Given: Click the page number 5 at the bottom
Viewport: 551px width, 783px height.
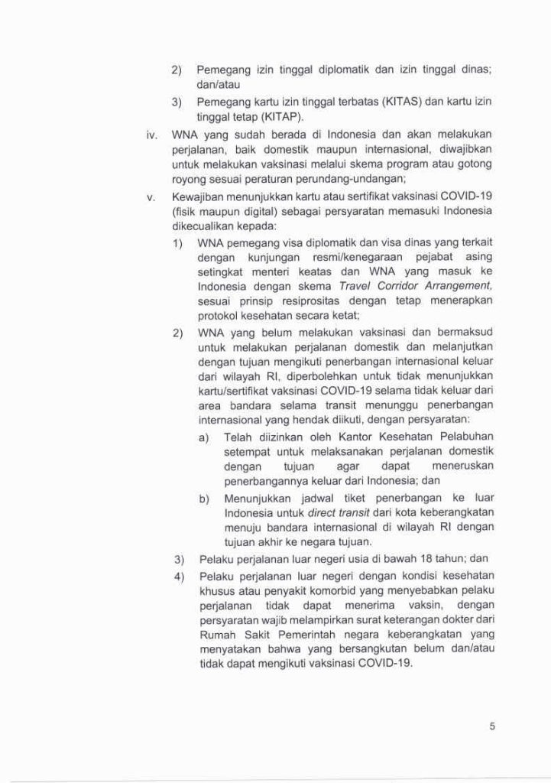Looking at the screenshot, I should pyautogui.click(x=493, y=726).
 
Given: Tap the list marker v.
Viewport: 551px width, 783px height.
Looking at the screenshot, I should pyautogui.click(x=152, y=197).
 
